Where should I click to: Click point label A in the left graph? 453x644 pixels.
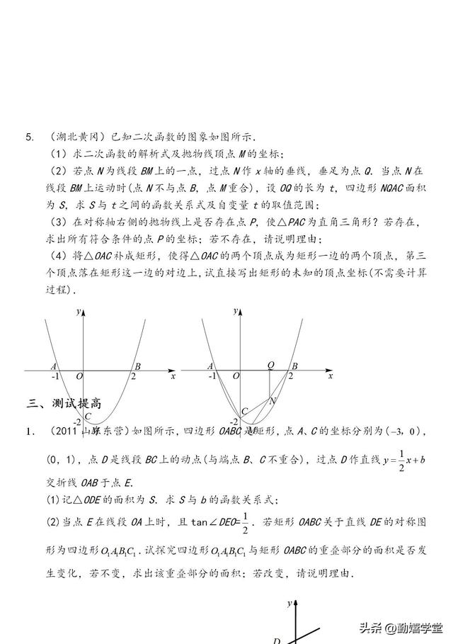[x=54, y=366]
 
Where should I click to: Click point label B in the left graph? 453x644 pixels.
[x=137, y=366]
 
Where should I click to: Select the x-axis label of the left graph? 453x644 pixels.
[x=173, y=377]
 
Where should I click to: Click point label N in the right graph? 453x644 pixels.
[x=273, y=400]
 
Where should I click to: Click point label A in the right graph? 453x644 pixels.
[x=210, y=366]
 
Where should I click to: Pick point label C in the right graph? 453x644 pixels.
[x=244, y=411]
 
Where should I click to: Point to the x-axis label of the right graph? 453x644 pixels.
[x=329, y=377]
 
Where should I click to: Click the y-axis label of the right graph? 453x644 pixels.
[x=233, y=312]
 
